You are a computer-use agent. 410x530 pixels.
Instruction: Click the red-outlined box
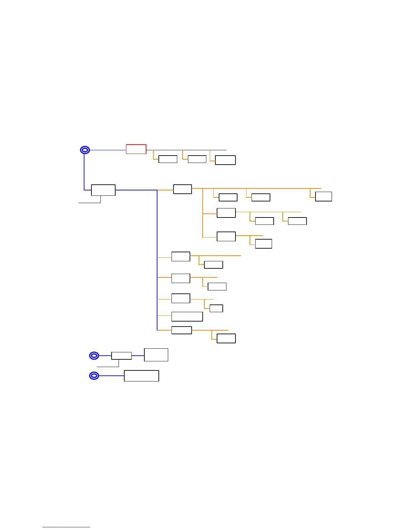pos(136,149)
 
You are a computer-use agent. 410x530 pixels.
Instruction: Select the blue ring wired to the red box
pos(85,150)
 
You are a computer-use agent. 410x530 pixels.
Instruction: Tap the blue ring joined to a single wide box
pos(94,376)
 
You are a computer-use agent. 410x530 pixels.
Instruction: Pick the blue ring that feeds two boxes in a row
pos(94,356)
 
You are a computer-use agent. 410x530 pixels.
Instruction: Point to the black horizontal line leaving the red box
pos(186,150)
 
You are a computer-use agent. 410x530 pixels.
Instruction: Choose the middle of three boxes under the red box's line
pos(197,159)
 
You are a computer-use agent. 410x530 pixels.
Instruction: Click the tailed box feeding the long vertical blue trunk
pos(103,190)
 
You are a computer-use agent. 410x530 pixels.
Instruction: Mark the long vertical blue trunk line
pos(157,261)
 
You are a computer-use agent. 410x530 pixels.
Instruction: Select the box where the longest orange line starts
pos(183,189)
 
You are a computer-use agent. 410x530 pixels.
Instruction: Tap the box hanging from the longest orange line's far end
pos(324,196)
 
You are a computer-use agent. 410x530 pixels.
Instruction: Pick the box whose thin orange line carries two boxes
pos(226,213)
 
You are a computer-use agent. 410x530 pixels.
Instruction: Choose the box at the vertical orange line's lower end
pos(226,236)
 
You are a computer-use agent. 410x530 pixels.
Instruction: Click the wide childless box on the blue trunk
pos(187,317)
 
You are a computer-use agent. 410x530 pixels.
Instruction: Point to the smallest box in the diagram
pos(216,308)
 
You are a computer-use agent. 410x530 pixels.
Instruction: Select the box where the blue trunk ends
pos(182,330)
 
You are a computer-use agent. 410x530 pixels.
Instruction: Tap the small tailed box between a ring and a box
pos(121,356)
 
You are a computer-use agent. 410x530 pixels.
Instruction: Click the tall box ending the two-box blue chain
pos(156,355)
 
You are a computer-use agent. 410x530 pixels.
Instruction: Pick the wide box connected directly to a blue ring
pos(141,376)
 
